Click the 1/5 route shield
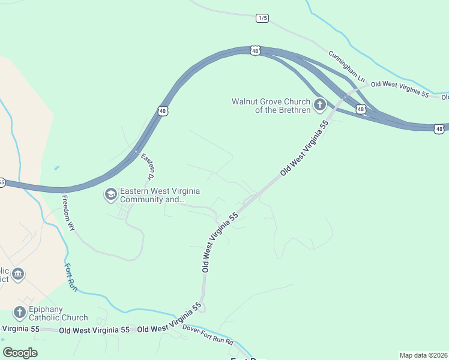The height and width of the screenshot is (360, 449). [262, 18]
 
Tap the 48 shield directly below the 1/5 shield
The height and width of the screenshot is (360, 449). [255, 51]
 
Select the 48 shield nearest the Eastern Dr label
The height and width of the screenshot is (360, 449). [163, 111]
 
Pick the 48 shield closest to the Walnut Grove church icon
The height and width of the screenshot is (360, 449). [360, 109]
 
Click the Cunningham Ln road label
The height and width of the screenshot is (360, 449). [346, 67]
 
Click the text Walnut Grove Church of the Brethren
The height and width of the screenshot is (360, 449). [271, 106]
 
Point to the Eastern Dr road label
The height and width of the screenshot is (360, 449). [148, 166]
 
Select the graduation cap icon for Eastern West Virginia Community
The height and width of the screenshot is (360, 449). [110, 194]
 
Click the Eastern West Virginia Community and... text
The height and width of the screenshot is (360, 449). [160, 195]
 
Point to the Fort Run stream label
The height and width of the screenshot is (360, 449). [69, 275]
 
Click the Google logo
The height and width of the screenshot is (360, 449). [20, 353]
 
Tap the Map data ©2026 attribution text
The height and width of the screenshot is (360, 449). [423, 355]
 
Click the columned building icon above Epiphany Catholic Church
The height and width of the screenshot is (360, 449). [18, 274]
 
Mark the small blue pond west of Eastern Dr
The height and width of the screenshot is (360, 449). [56, 169]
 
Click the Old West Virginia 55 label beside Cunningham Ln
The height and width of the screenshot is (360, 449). [400, 90]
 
